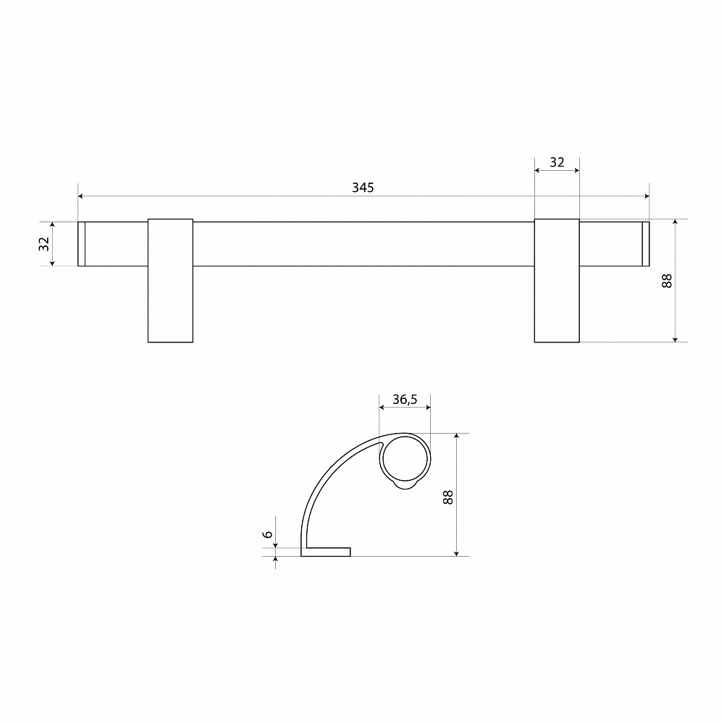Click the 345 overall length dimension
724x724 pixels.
363,188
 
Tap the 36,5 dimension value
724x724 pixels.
405,400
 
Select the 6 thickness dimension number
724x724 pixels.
267,534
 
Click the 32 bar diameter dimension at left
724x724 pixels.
44,244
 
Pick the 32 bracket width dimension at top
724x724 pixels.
557,162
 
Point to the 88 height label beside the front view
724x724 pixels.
667,281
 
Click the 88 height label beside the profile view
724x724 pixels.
448,497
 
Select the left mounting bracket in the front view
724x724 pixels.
170,281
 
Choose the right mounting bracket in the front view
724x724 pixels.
557,281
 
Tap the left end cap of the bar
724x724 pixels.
81,244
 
